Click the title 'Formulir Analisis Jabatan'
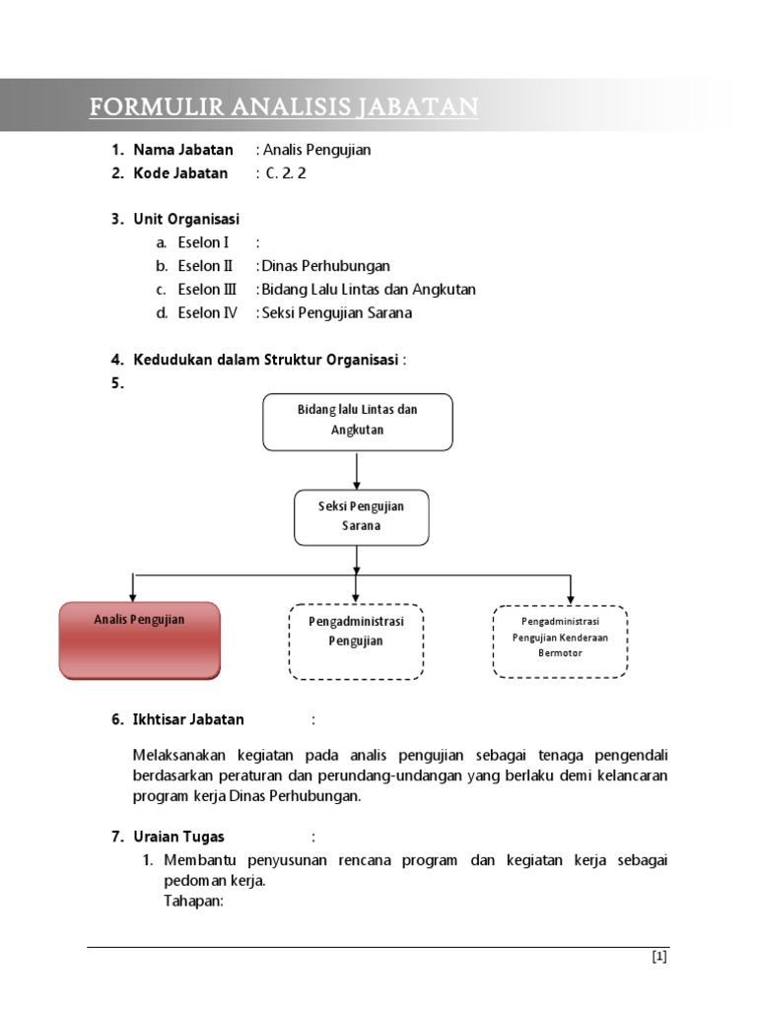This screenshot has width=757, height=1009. tap(284, 106)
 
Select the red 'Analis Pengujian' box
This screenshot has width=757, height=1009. tap(140, 639)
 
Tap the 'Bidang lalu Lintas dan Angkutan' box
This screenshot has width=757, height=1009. tap(357, 421)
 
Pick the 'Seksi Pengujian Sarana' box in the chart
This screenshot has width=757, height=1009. tap(361, 516)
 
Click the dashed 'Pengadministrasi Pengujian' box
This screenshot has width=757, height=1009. tap(357, 641)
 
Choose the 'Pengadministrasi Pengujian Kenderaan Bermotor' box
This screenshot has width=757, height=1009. tap(560, 641)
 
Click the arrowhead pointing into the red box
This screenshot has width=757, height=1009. tap(132, 595)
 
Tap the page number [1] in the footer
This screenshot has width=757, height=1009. tap(659, 957)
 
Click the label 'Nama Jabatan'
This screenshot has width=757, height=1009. tap(183, 150)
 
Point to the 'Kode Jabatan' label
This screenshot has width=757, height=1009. tap(180, 173)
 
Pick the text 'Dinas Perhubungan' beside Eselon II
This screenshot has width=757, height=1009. tap(326, 266)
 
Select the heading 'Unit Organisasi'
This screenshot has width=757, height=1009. tap(186, 219)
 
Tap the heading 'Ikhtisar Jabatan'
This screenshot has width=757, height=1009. tap(188, 719)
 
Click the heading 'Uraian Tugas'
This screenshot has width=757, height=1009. tap(179, 837)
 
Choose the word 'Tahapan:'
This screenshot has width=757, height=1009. tap(195, 900)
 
